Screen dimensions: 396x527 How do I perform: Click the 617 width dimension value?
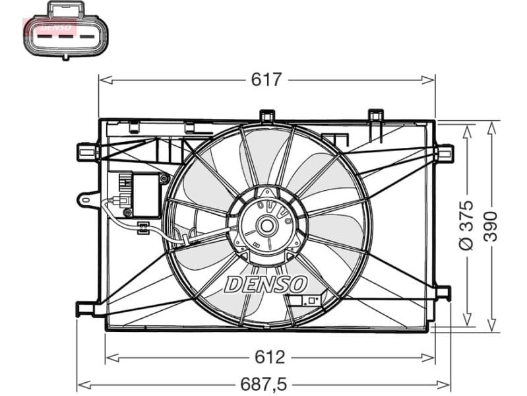(x=266, y=80)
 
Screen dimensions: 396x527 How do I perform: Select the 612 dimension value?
(x=270, y=357)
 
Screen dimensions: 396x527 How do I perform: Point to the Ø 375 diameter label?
(x=466, y=224)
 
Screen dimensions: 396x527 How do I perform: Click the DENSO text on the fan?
(x=266, y=284)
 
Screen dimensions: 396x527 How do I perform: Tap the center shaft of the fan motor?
(x=268, y=226)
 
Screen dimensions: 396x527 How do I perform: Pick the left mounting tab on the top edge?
(x=266, y=115)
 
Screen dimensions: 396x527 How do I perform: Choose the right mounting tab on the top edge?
(x=376, y=115)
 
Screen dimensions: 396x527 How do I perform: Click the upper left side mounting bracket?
(x=87, y=152)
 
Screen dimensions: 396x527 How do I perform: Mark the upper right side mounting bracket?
(x=445, y=152)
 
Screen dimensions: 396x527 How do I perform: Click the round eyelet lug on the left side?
(x=86, y=197)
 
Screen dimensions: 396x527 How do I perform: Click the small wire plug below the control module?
(x=142, y=228)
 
